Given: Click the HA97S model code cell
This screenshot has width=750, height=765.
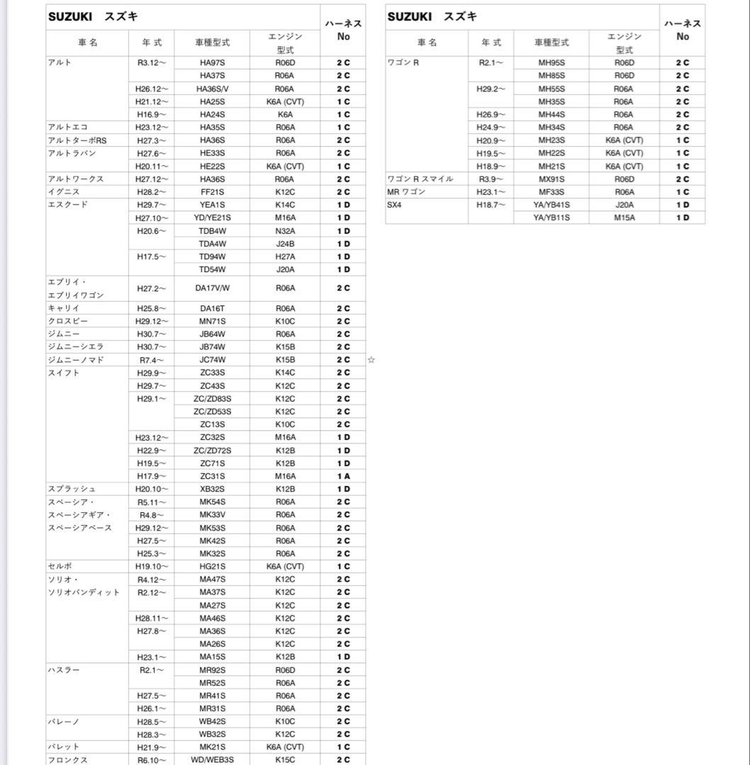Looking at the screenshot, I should click(x=212, y=62).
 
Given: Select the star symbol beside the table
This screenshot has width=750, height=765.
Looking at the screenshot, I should click(x=371, y=360).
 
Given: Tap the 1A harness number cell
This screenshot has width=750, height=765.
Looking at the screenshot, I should click(x=343, y=476).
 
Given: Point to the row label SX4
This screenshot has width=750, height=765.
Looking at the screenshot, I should click(x=395, y=205).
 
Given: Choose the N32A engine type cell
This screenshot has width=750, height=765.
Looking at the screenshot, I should click(x=285, y=231).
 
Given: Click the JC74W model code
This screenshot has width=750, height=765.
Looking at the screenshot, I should click(x=212, y=360).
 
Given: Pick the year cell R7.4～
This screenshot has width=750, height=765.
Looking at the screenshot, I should click(x=152, y=360).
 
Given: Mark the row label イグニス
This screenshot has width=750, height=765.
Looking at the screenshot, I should click(x=64, y=192).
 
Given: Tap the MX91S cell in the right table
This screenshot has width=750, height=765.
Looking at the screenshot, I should click(x=552, y=179).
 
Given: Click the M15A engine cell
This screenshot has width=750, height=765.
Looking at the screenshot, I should click(x=625, y=217).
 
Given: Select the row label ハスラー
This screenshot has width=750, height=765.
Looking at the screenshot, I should click(x=64, y=670).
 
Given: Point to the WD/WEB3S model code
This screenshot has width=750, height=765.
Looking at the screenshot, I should click(x=212, y=760).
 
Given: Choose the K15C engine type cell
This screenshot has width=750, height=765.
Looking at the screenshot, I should click(x=285, y=760).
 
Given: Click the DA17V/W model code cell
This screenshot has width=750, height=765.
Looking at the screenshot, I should click(x=212, y=288).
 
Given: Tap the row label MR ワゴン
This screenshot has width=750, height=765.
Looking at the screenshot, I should click(x=407, y=192).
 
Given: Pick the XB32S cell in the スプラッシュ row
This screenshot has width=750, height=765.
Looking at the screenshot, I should click(x=212, y=489).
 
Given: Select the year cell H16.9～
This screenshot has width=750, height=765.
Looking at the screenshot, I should click(x=152, y=114).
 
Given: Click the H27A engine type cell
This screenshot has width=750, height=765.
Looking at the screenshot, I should click(x=285, y=256).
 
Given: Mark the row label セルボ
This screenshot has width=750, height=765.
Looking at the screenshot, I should click(x=60, y=567).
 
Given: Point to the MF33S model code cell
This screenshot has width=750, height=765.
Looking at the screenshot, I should click(x=552, y=192).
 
